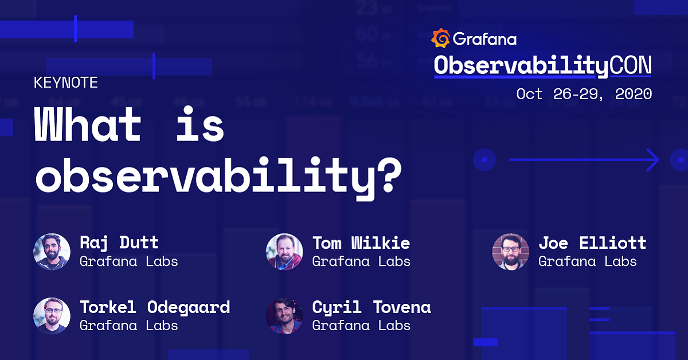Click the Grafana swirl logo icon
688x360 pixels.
pos(440,38)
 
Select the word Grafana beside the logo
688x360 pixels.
pos(484,39)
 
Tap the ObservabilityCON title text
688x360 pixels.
pos(542,65)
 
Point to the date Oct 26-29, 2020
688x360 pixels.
pos(584,94)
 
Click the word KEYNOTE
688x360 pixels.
pos(66,83)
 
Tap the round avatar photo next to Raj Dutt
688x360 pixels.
pos(52,251)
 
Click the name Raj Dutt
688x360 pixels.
pos(119,242)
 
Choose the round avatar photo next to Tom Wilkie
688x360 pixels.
pos(284,251)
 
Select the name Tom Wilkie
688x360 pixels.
pos(361,242)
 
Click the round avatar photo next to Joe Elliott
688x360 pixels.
pos(510,251)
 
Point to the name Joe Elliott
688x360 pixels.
pos(592,242)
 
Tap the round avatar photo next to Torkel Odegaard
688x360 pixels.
pos(52,315)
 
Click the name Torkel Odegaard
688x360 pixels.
pos(155,307)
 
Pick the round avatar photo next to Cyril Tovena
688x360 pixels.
pos(284,315)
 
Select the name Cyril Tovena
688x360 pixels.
pos(371,307)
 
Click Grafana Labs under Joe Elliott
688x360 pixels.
pos(587,261)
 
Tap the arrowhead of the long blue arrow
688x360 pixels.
pos(654,159)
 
